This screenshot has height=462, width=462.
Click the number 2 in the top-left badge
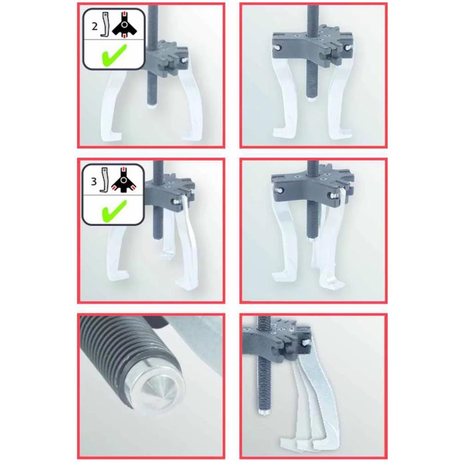pos(94,26)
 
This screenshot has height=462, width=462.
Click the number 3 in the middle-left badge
pos(94,182)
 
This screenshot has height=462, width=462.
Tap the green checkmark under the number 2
pos(114,55)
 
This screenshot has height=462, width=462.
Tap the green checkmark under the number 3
pos(114,211)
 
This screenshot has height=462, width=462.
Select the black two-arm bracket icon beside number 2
pos(125,25)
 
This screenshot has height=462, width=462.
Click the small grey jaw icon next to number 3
pos(103,180)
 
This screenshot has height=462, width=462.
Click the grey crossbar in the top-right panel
pos(312,44)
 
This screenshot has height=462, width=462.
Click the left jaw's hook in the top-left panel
pos(112,136)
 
